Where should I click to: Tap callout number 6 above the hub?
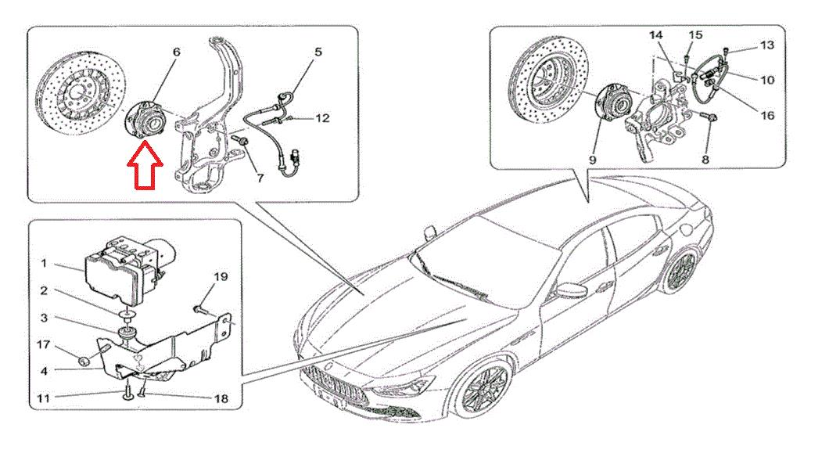177,52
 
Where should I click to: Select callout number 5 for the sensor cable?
318,52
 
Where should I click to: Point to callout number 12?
322,118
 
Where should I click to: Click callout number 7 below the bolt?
260,178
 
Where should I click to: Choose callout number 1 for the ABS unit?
44,263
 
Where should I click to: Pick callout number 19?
221,277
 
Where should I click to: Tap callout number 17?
43,345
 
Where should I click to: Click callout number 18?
221,398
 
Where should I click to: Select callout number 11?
43,398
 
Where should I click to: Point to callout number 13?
767,45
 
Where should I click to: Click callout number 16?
767,115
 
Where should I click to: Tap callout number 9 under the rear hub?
592,159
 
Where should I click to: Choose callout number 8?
705,159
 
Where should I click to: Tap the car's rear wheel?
681,272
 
